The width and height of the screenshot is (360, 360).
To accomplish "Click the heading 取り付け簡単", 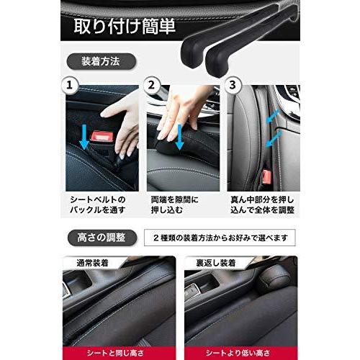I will (x=126, y=27).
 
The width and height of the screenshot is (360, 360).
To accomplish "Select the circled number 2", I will (x=151, y=86).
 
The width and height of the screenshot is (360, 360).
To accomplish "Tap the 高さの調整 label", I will (x=101, y=238).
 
